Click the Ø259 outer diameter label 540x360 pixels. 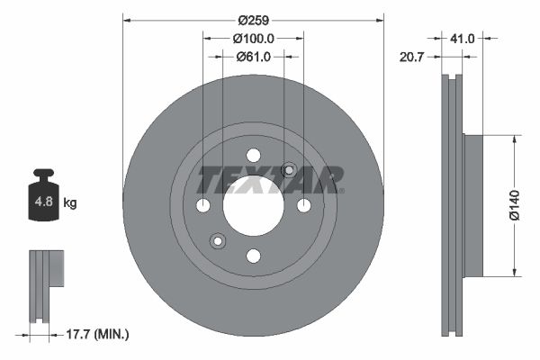click(x=253, y=18)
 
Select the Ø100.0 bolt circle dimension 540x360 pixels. click(x=253, y=38)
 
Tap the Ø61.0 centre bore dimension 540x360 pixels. click(x=253, y=57)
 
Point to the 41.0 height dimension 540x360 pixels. click(x=463, y=38)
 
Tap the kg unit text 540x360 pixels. click(x=70, y=203)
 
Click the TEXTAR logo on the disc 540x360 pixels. click(x=270, y=180)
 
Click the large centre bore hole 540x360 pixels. click(x=253, y=205)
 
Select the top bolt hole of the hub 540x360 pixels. click(x=253, y=155)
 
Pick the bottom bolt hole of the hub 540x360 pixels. click(x=253, y=256)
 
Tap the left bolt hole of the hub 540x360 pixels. click(x=202, y=205)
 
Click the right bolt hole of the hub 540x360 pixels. click(x=303, y=205)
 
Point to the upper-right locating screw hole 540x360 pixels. click(x=289, y=170)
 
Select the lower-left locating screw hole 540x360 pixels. click(x=217, y=240)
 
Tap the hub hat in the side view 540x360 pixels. click(x=473, y=205)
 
